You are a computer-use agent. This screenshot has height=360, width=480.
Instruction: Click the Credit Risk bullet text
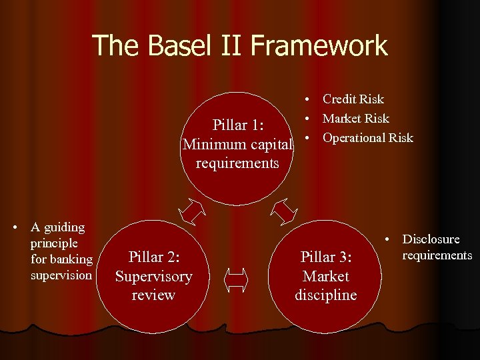click(x=353, y=99)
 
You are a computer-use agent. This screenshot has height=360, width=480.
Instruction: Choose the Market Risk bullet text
click(x=355, y=119)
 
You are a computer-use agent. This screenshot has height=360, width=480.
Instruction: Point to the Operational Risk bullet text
click(x=367, y=138)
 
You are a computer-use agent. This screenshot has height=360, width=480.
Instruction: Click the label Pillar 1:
click(x=237, y=125)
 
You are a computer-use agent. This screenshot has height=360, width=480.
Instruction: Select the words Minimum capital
click(x=237, y=144)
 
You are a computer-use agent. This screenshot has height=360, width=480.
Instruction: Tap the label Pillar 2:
click(x=154, y=257)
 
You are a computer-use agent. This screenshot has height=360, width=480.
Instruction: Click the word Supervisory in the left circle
click(x=154, y=276)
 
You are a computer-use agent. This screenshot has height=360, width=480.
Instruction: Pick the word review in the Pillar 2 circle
click(x=154, y=295)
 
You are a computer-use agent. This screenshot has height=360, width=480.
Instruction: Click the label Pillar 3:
click(x=326, y=257)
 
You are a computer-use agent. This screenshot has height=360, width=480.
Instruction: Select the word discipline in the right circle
click(x=326, y=295)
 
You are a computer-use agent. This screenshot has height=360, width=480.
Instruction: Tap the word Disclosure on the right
click(x=431, y=239)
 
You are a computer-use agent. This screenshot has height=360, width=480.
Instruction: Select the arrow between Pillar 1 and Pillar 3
click(x=285, y=212)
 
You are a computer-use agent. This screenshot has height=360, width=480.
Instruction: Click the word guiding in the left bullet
click(x=65, y=227)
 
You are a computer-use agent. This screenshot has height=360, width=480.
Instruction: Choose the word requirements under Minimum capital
click(x=237, y=163)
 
